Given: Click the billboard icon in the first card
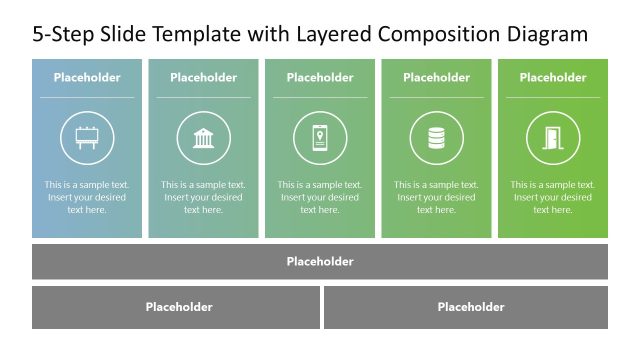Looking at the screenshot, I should coord(87,138).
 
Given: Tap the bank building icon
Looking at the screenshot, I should coord(203,138).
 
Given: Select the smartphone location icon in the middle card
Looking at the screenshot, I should coord(320,138).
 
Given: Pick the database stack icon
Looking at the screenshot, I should coord(436,138).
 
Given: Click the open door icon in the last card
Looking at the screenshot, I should coord(553,138).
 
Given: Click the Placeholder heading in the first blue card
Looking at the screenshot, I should coord(87,77).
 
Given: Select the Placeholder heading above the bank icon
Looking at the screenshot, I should coord(203,77).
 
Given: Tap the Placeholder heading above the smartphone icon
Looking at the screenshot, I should coord(320,77).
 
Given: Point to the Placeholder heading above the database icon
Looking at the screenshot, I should coord(436,77).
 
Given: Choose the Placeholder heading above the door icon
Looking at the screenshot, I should coord(553,77).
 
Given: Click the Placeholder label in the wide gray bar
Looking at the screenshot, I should coord(320,262).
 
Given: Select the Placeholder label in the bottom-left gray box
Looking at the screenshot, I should coord(179,307).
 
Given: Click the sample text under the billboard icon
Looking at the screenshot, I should coord(87,197).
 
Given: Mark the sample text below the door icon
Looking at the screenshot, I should coord(553,197).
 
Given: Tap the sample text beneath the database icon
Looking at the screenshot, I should coord(436,197).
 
